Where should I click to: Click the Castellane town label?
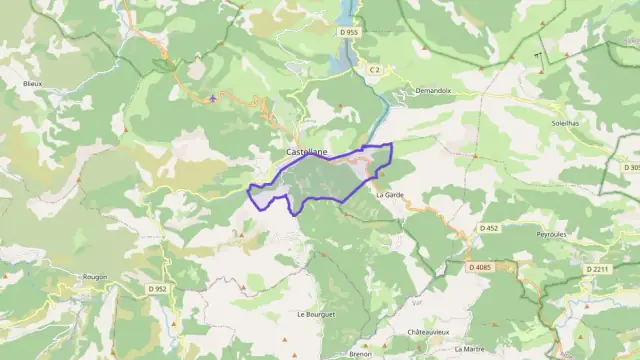click(x=306, y=151)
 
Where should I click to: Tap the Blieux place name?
click(x=32, y=85)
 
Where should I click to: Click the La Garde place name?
click(x=389, y=195)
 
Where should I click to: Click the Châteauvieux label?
click(x=428, y=331)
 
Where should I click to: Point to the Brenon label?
click(x=361, y=353)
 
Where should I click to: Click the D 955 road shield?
click(x=348, y=32)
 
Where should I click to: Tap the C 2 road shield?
click(x=374, y=69)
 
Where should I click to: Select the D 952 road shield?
click(x=155, y=288)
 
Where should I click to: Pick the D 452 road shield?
click(x=488, y=228)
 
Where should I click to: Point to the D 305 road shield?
click(x=634, y=168)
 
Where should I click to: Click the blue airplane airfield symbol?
click(x=214, y=99)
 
